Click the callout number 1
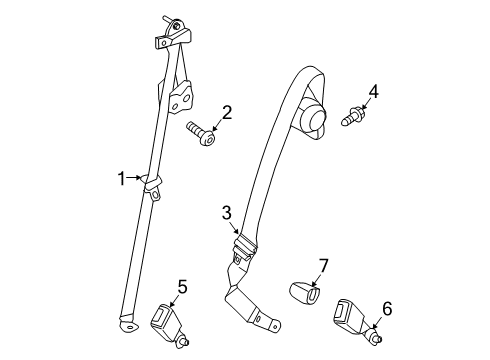(x=122, y=179)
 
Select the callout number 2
(x=227, y=112)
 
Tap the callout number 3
(x=227, y=212)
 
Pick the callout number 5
(x=181, y=287)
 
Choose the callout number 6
(x=387, y=309)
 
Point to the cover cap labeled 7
(x=304, y=294)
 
